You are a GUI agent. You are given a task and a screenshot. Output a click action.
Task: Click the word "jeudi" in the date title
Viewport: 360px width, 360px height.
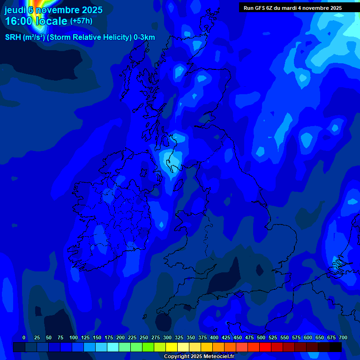(x=15, y=10)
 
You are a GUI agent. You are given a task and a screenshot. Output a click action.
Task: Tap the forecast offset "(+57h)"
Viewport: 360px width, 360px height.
(x=81, y=21)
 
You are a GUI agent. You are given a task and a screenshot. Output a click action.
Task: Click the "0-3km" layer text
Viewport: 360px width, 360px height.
(x=144, y=37)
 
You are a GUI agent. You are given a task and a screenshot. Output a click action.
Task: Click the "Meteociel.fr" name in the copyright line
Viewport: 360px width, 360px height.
(x=216, y=357)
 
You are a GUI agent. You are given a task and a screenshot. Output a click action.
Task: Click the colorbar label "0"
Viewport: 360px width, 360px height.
(x=24, y=337)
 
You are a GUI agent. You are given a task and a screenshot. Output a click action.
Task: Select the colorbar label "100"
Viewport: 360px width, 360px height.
(x=73, y=337)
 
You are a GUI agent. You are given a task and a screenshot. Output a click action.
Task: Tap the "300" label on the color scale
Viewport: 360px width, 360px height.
(x=167, y=337)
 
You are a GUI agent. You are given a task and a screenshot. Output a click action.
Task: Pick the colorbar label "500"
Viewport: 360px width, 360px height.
(x=261, y=337)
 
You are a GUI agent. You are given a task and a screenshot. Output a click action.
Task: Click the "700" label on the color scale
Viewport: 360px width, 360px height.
(x=343, y=337)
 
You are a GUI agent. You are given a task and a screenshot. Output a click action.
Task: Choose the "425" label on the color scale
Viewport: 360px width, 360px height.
(x=225, y=337)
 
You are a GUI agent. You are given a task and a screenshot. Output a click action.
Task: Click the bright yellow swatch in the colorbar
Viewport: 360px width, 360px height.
(x=172, y=347)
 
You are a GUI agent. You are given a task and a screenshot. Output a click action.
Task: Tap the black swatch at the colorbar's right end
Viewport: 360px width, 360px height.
(x=336, y=347)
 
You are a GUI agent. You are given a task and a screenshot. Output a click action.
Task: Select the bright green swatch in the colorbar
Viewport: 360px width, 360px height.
(x=148, y=347)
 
